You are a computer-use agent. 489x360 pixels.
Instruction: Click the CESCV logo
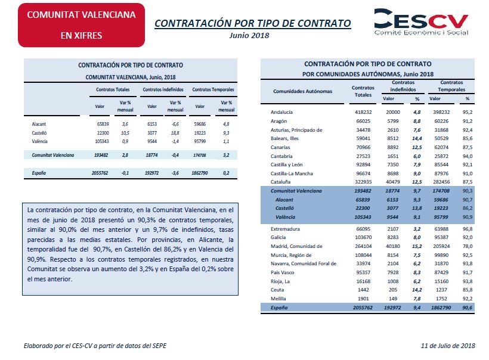click(x=422, y=22)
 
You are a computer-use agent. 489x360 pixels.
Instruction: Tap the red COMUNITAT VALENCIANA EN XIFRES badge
click(x=81, y=25)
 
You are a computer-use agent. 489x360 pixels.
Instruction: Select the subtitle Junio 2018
click(x=249, y=36)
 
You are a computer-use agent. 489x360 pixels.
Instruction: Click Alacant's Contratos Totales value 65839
click(x=103, y=124)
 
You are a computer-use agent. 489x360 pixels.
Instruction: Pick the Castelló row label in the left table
click(x=39, y=133)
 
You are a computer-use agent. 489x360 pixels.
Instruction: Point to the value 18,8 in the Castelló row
click(x=175, y=133)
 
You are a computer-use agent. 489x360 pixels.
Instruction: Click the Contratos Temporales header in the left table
click(x=213, y=90)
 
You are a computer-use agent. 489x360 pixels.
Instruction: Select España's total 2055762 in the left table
click(x=100, y=173)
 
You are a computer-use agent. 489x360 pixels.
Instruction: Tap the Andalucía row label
click(x=281, y=112)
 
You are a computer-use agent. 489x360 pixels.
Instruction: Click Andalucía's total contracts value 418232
click(x=363, y=112)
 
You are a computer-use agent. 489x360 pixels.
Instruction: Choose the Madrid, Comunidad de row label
click(x=296, y=246)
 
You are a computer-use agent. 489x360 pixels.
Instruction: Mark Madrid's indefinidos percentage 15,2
click(x=417, y=246)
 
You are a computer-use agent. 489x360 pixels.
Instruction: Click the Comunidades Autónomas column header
click(x=302, y=91)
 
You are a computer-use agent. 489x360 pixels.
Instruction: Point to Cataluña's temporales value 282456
click(x=441, y=182)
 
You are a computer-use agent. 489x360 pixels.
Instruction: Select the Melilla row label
click(x=278, y=299)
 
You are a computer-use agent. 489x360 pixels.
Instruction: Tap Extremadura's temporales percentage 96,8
click(x=468, y=229)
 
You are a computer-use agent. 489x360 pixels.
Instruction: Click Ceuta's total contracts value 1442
click(x=363, y=290)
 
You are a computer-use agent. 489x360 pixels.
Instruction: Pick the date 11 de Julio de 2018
click(x=448, y=346)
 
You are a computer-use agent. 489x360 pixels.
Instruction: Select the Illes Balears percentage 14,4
click(x=417, y=138)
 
